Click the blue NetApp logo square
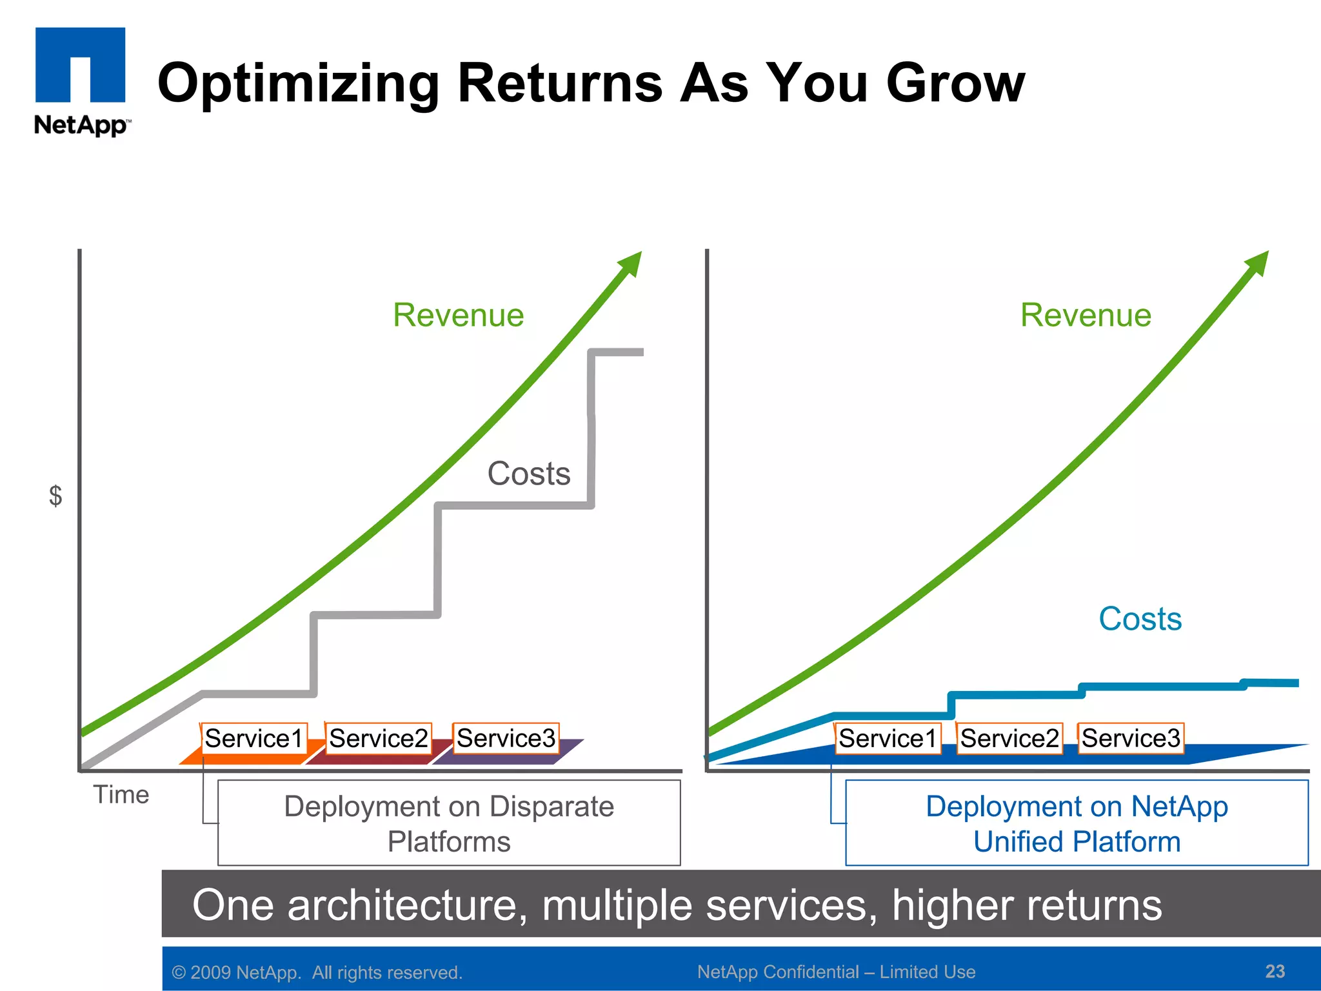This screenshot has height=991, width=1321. [80, 65]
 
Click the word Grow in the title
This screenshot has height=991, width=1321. [955, 83]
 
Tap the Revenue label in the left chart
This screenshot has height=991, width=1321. [458, 315]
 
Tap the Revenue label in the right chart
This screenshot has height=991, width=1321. [1086, 315]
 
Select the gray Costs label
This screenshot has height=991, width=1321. [529, 474]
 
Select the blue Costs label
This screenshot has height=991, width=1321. [1140, 619]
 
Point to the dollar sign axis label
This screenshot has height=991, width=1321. [56, 495]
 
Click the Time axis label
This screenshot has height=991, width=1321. [121, 794]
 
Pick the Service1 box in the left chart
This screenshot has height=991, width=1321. [253, 738]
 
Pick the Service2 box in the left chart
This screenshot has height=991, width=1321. [378, 738]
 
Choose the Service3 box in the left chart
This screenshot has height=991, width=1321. [506, 738]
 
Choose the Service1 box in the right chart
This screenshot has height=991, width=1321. [887, 738]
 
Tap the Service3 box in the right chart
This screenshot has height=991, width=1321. [1131, 738]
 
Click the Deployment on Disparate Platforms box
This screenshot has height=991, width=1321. [449, 823]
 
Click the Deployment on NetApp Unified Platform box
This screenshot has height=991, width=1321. [1077, 823]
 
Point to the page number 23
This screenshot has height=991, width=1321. [1275, 971]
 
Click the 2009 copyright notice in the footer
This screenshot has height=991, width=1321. [317, 972]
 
